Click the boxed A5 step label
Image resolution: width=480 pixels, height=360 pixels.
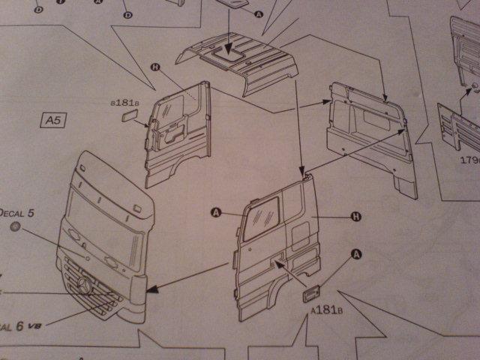(x=52, y=119)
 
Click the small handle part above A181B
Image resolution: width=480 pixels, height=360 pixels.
(x=312, y=292)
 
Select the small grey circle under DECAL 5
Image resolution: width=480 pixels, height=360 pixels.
(x=16, y=227)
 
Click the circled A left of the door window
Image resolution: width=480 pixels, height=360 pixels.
(x=216, y=214)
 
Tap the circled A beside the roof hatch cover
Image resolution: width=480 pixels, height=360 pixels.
(x=259, y=13)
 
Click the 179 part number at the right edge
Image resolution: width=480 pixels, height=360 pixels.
(x=467, y=160)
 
